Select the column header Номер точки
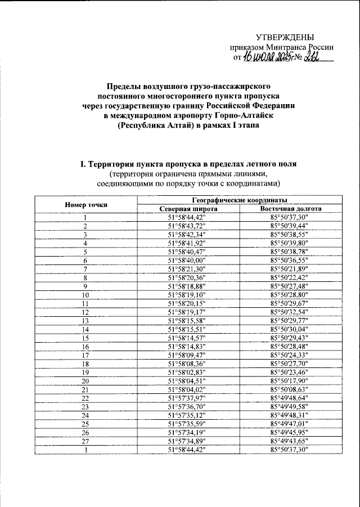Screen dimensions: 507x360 click(86, 205)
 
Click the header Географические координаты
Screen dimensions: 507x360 click(239, 200)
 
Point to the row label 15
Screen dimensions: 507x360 click(86, 338)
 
